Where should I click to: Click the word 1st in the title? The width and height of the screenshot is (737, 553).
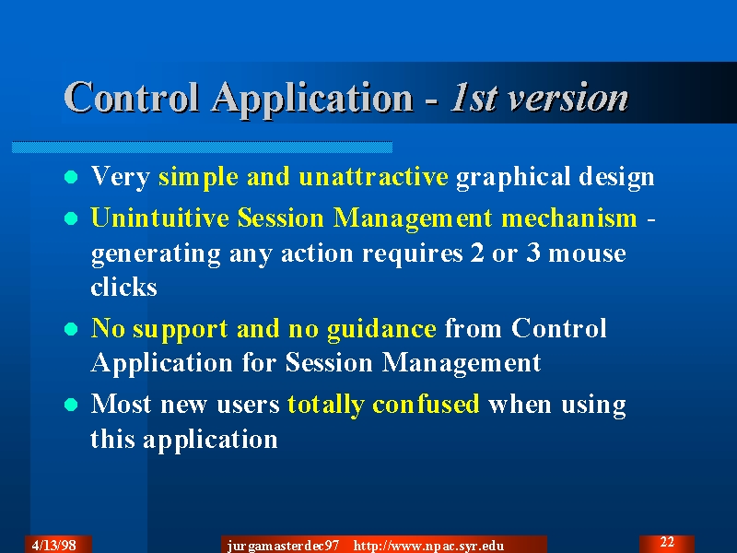474,98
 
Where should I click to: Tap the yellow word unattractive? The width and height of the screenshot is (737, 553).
373,177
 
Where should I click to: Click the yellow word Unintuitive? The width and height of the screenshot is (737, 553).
160,218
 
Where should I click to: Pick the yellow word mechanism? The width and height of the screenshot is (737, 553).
568,218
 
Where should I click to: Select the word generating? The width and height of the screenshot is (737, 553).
156,255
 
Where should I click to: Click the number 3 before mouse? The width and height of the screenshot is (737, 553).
533,253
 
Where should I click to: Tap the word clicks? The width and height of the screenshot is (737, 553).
123,287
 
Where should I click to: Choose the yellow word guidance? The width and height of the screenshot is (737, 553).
381,329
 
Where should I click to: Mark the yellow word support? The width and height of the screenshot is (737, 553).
181,330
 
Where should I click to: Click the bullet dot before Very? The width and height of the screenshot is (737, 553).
71,177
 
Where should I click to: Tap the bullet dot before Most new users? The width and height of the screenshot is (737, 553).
71,405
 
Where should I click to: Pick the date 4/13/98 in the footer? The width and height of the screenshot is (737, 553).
54,545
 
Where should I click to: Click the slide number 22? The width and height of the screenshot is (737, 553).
667,542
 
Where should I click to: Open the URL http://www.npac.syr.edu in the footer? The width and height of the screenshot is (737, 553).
428,546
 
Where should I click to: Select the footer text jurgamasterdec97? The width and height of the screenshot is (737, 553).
283,546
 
